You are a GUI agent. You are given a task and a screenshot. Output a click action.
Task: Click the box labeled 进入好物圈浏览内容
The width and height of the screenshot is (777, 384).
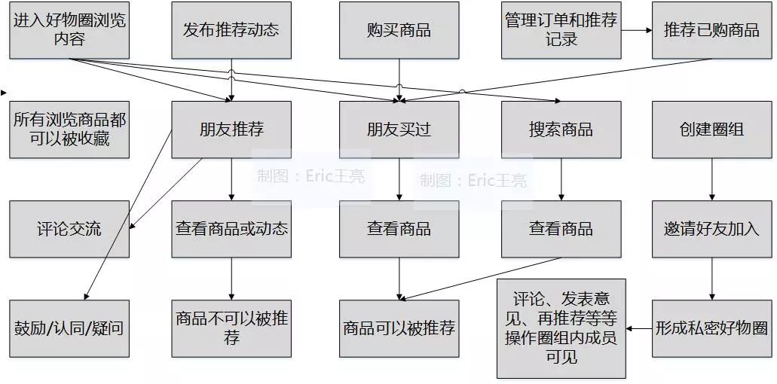69,30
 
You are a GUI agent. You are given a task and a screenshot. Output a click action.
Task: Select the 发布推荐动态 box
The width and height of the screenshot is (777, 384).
231,30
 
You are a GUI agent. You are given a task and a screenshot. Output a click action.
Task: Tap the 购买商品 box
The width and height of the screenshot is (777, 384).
399,30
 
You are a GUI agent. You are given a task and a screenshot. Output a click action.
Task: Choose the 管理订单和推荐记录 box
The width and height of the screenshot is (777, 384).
561,30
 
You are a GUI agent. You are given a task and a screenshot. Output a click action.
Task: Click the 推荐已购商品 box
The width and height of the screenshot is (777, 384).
711,30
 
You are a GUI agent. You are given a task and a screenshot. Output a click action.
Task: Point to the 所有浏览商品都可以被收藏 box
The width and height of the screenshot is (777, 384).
69,130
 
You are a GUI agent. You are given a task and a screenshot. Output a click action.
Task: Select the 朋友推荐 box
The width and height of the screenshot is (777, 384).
231,130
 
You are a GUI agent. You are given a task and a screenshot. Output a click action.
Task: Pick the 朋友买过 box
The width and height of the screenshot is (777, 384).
399,130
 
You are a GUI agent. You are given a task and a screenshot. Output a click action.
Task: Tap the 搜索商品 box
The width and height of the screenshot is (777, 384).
561,130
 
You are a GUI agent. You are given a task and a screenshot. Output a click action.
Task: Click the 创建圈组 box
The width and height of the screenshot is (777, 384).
711,130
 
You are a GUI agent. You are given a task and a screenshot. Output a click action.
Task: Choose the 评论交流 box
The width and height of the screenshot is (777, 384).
69,229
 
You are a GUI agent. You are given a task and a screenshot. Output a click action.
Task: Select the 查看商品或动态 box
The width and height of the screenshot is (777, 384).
231,229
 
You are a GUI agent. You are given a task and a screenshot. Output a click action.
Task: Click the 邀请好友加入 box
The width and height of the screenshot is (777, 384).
711,229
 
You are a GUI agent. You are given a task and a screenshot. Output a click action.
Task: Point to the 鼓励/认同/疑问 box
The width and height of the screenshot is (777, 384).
69,328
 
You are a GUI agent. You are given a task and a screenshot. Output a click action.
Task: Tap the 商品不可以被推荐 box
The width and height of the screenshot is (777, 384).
231,328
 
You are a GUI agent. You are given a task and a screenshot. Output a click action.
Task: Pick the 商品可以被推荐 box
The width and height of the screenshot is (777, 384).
399,328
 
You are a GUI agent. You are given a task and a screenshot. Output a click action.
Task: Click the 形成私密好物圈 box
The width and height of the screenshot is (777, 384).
711,328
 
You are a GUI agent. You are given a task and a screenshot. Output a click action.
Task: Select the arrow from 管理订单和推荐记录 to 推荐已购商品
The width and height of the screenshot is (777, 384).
637,30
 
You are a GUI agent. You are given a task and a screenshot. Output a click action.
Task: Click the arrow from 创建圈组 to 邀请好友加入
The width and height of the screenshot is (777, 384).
711,180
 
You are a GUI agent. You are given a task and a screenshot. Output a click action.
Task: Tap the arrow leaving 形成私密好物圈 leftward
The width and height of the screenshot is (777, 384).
639,328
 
